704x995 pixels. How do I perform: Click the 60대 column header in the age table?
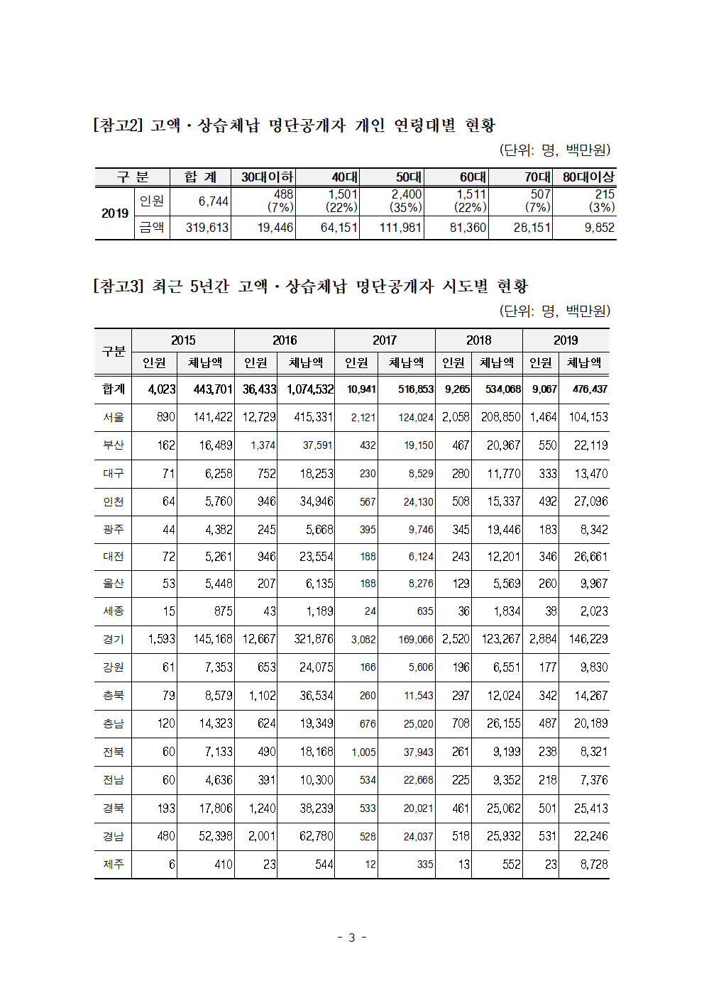472,177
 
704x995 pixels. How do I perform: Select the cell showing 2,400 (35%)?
406,201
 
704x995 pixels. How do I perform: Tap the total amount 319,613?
207,228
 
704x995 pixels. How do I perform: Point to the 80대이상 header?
588,177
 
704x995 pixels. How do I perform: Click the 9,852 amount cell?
599,228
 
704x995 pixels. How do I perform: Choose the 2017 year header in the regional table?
385,340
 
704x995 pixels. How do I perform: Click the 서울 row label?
114,417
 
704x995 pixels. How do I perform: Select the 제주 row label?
114,865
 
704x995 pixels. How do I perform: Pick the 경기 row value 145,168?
213,639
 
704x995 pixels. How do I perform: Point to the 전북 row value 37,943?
418,752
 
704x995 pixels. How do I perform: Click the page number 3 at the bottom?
351,938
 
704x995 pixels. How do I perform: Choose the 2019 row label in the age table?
115,213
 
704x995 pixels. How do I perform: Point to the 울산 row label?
114,584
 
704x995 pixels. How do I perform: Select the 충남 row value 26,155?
503,723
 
